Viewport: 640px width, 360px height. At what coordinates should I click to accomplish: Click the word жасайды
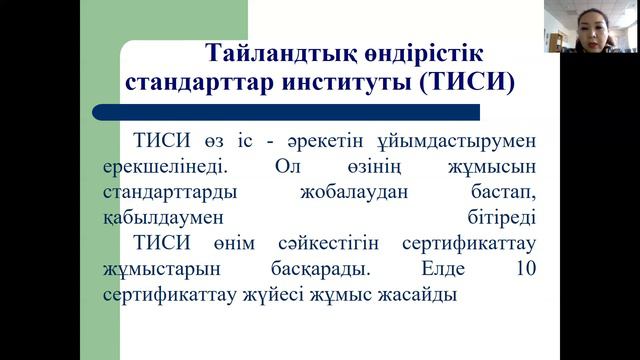tap(417, 296)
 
